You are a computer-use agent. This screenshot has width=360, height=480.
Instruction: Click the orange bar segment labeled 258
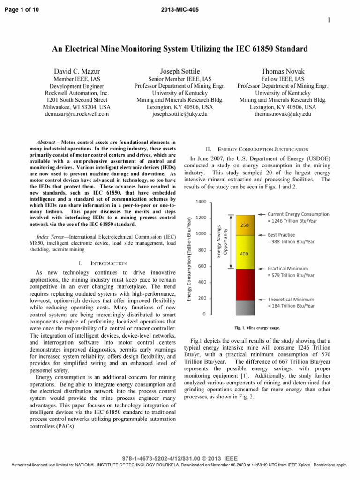244,225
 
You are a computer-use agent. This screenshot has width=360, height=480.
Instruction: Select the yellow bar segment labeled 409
244,253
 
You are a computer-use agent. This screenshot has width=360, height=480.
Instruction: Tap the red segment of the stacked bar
244,285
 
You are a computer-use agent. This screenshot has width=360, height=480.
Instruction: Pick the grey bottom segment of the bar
244,307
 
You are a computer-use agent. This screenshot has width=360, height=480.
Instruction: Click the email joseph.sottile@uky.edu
180,113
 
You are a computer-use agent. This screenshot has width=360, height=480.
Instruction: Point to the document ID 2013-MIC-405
180,4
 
